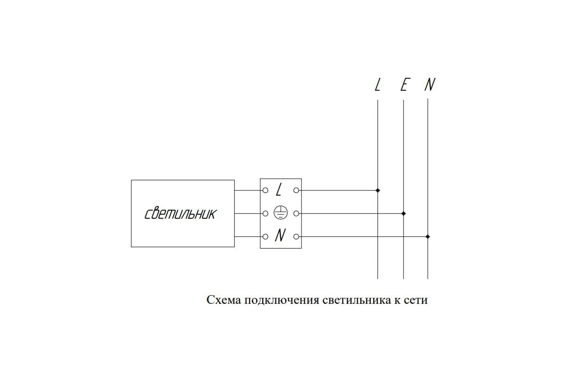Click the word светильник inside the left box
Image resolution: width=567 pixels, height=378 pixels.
(x=180, y=214)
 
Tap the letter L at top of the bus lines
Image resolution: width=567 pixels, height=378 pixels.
(x=378, y=85)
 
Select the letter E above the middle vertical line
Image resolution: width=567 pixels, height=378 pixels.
(x=404, y=85)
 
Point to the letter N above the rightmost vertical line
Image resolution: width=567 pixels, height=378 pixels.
(x=430, y=85)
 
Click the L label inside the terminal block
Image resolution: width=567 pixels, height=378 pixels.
(x=279, y=190)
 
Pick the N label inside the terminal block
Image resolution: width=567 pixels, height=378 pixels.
(x=281, y=235)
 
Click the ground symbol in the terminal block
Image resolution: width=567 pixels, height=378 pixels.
(x=281, y=213)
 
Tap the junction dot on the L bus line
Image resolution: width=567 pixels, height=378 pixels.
(x=378, y=190)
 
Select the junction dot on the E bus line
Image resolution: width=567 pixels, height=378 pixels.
(x=404, y=214)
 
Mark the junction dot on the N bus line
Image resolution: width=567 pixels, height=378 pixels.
(x=428, y=237)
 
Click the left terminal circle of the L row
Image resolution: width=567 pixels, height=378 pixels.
(x=265, y=190)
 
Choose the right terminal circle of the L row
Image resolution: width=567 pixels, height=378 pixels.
(x=296, y=190)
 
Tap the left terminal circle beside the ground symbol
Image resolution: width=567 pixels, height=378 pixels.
(x=265, y=214)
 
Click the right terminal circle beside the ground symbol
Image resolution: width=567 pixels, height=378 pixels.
(x=296, y=214)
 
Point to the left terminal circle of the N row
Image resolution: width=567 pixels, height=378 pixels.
(x=265, y=237)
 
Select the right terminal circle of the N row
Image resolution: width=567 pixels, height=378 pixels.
(x=296, y=237)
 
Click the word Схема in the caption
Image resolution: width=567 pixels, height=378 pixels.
(x=224, y=300)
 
